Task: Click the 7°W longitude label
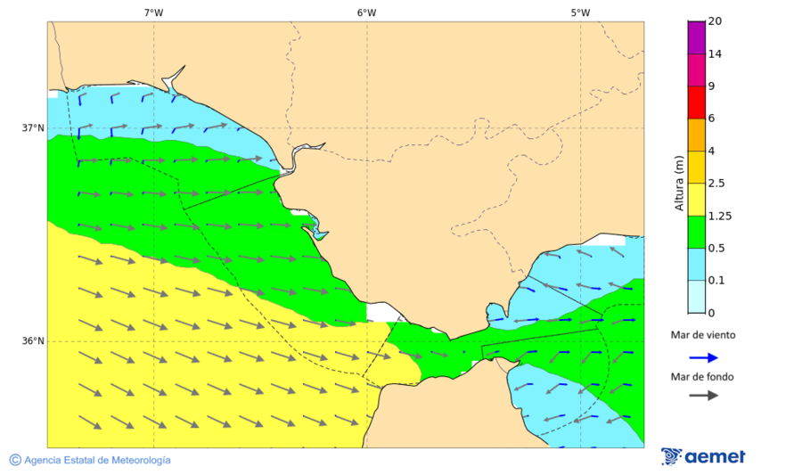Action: tap(153, 12)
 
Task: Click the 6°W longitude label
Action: tap(366, 12)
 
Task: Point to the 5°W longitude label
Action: tap(580, 12)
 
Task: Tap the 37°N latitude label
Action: tap(33, 127)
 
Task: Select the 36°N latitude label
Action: tap(33, 341)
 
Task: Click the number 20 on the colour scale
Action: tap(714, 21)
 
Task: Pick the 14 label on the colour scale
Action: tap(714, 54)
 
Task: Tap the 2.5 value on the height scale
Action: tap(716, 184)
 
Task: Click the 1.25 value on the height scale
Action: tap(718, 216)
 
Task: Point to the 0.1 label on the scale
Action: tap(716, 281)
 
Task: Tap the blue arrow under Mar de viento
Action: tap(703, 357)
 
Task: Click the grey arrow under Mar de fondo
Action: tap(703, 395)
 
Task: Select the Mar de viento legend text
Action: tap(703, 336)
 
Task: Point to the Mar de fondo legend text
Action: tap(703, 377)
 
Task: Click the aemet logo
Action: tap(703, 456)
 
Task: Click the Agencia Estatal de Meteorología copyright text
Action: tap(90, 460)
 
